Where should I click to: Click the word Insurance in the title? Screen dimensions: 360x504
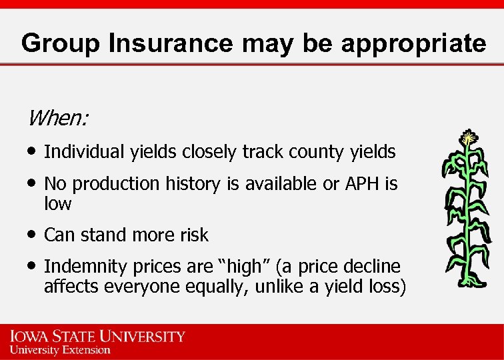click(171, 43)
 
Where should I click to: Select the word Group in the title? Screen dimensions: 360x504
click(61, 43)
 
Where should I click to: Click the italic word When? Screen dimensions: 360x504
click(58, 118)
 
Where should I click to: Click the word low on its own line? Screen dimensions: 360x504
click(57, 204)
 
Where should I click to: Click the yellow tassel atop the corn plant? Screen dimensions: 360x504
click(469, 138)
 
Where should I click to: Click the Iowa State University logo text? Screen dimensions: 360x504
click(97, 335)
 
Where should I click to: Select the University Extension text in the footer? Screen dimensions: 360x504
click(60, 349)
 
